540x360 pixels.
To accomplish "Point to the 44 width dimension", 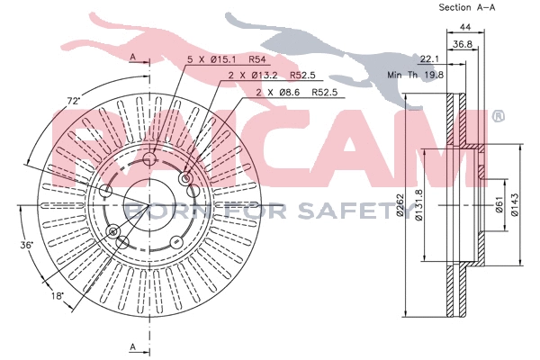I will [x=465, y=28].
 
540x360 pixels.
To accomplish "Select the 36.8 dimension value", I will [x=463, y=44].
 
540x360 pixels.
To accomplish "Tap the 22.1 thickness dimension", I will [x=429, y=59].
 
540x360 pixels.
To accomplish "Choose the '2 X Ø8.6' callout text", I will [x=276, y=92].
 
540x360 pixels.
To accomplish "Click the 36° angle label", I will [x=26, y=245].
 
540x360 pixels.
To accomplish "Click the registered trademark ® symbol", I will [x=498, y=116].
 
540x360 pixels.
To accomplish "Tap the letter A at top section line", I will [x=133, y=58].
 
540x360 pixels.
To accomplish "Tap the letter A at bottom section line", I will [x=133, y=346].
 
